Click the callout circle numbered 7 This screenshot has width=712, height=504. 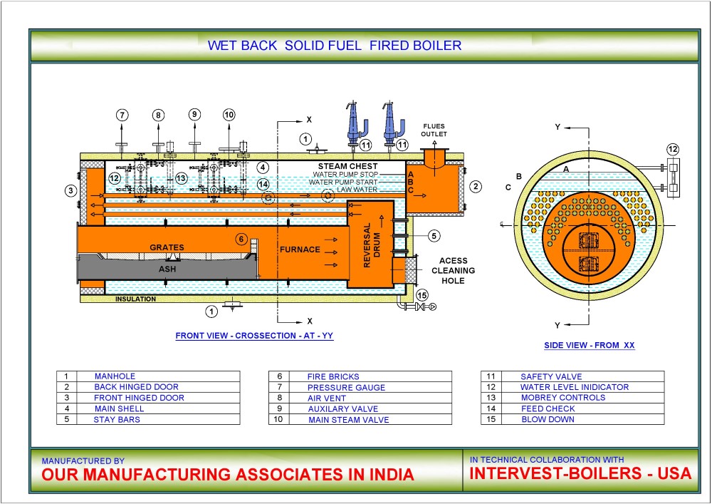point(122,115)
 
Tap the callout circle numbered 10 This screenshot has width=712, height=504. point(229,115)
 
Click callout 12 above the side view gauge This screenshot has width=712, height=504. point(673,149)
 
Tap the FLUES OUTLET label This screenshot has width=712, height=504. point(433,130)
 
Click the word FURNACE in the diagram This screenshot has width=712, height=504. point(298,250)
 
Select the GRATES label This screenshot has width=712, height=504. point(167,247)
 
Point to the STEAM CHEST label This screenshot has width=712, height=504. point(342,166)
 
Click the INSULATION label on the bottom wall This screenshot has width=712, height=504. point(135,299)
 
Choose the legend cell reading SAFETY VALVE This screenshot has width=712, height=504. point(551,376)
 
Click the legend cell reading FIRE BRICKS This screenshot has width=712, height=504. point(333,376)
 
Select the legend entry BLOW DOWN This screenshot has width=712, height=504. point(548,419)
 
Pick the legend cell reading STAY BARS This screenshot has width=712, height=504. point(117,419)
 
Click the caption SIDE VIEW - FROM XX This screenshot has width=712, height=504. point(588,345)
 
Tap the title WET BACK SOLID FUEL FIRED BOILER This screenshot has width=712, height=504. point(335,46)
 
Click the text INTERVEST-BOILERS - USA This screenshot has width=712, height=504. point(581,473)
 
